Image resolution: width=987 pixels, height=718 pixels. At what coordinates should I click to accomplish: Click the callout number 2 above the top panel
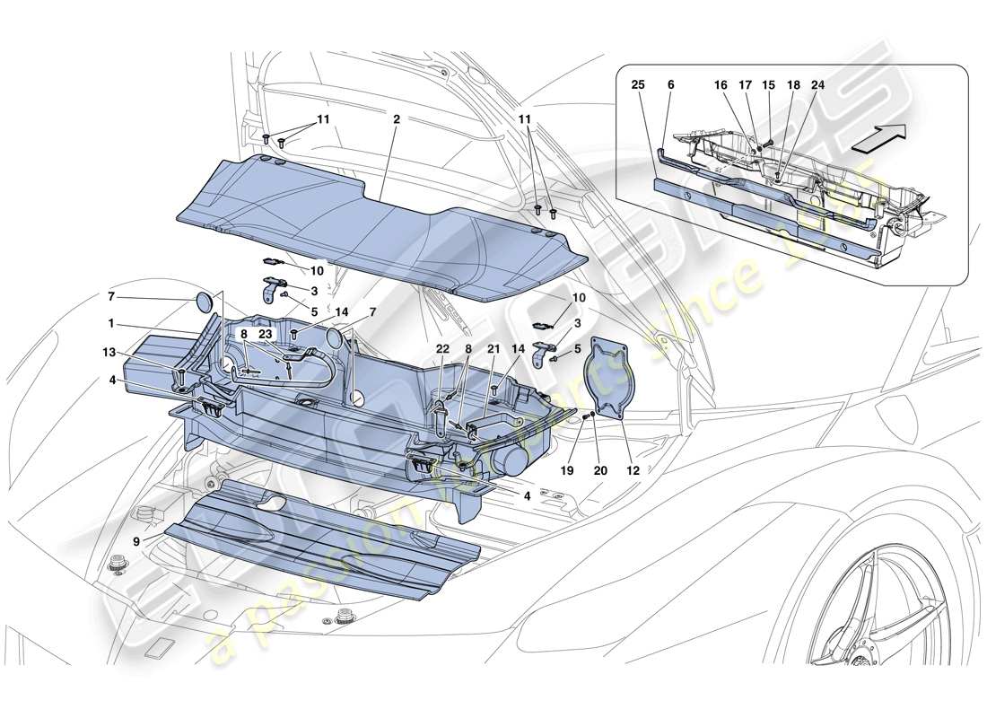396,118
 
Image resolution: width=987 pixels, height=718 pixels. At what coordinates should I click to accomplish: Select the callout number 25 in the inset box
637,84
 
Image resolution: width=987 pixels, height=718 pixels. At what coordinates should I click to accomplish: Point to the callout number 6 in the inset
671,84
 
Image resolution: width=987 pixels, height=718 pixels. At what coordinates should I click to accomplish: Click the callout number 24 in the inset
818,84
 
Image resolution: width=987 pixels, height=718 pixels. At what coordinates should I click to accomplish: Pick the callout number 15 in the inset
768,84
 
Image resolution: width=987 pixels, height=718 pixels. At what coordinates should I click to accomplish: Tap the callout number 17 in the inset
744,84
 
